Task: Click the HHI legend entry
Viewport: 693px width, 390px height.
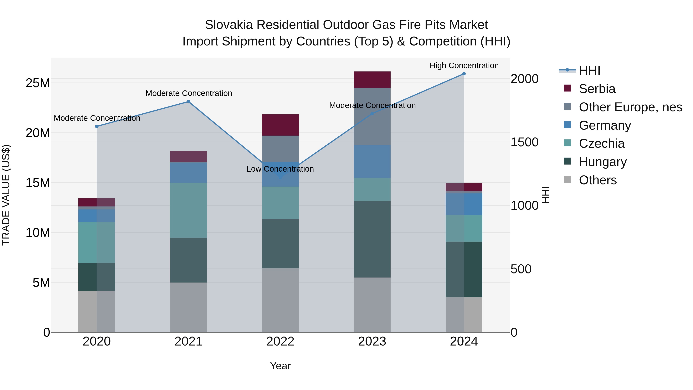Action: point(589,70)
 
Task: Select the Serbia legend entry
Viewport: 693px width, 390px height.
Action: point(597,89)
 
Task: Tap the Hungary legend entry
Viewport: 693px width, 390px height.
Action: point(603,162)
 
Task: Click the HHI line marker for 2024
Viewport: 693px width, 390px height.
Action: point(464,74)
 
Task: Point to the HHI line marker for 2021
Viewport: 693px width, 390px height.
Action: point(189,102)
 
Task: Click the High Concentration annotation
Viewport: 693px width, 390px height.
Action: point(464,65)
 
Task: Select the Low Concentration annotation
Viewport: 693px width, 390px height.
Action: point(280,169)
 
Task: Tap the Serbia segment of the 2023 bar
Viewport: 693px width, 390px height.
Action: point(372,80)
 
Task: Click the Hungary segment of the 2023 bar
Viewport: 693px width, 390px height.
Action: point(372,239)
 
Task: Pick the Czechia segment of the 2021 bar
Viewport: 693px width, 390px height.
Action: point(189,210)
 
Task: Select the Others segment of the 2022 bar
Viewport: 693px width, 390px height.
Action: point(280,300)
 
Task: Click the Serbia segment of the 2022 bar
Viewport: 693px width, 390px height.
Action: point(280,125)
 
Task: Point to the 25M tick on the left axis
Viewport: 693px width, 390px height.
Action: point(38,83)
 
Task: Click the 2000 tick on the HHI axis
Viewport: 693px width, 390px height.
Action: point(524,79)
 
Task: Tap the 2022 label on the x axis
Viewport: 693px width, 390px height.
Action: point(280,341)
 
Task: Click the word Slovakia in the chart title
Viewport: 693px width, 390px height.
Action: point(229,25)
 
